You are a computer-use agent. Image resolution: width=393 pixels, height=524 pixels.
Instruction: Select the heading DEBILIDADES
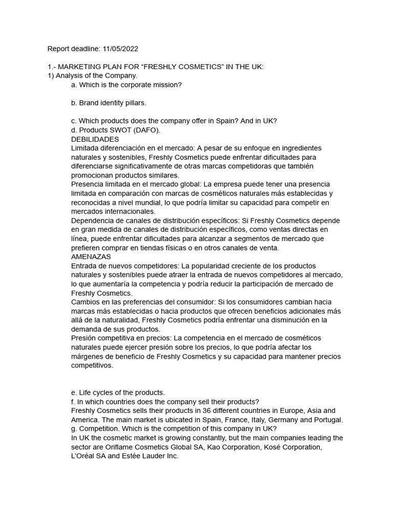click(x=95, y=139)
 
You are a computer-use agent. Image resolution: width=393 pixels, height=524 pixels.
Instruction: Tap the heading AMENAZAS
click(x=91, y=257)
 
